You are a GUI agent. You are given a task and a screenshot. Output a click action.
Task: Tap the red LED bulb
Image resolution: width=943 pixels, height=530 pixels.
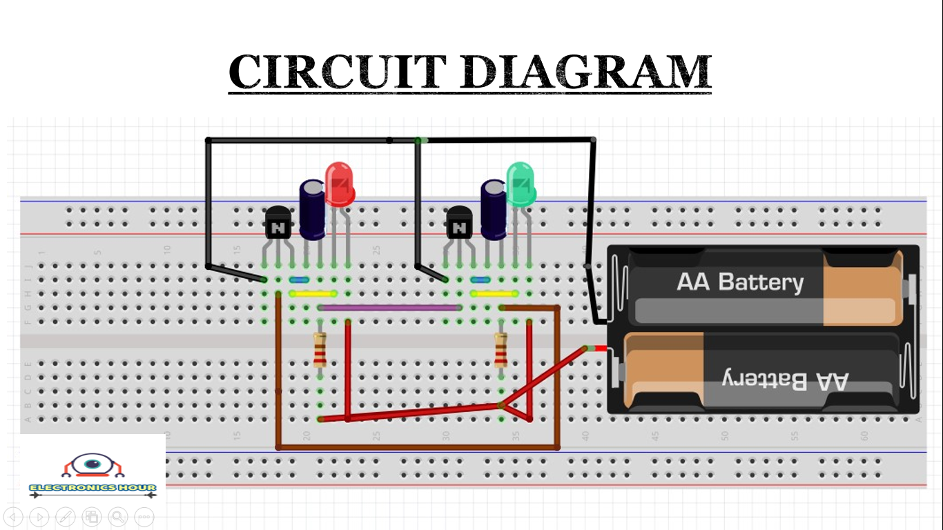pos(339,184)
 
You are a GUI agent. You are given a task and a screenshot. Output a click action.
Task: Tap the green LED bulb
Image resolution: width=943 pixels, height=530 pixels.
pos(521,183)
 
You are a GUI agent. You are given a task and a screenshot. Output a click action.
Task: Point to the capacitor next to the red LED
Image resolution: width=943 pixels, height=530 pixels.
pos(312,210)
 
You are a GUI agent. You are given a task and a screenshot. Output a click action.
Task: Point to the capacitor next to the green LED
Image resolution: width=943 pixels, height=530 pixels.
pos(494,210)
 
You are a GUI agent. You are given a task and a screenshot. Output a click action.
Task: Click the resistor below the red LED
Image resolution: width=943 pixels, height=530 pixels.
pos(320,349)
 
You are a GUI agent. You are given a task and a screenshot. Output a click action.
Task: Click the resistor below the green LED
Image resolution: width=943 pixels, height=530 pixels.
pos(501,349)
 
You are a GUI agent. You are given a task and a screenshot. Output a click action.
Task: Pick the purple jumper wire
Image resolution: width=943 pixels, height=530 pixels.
pos(390,308)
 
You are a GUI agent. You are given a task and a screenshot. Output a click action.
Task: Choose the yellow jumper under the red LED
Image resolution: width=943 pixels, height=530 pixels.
pos(312,293)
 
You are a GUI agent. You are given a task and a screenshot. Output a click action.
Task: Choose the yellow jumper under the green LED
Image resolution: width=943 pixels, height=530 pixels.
pos(494,293)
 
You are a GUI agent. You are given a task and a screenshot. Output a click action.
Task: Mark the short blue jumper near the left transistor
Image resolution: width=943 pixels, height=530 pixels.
pos(298,280)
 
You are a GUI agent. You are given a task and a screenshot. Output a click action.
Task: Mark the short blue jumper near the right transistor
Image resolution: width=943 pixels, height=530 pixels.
pos(480,280)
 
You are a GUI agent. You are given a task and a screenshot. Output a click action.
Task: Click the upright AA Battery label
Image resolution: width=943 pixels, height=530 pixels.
pos(740,282)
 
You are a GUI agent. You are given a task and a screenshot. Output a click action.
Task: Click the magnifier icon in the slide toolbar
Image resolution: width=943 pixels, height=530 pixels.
pos(118,516)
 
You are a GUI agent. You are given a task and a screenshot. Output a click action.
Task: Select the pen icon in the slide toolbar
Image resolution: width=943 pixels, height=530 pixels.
pos(66,516)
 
